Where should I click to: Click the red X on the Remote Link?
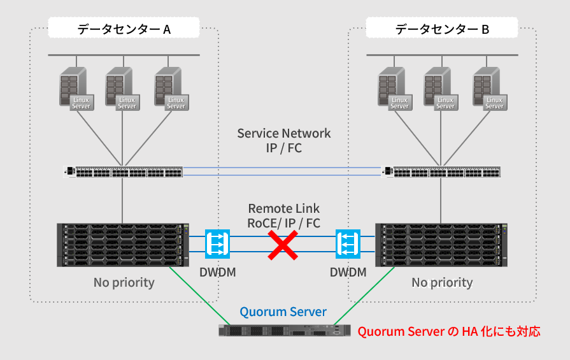[x=282, y=245]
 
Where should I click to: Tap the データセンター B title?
[x=442, y=29]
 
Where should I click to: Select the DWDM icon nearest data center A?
[x=217, y=244]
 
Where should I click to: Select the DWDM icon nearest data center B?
[x=348, y=244]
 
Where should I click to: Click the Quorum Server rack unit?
[x=284, y=331]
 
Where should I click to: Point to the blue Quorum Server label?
[x=283, y=312]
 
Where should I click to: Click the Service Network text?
[x=284, y=133]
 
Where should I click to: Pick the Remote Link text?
[x=284, y=208]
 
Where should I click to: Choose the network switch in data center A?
[x=124, y=171]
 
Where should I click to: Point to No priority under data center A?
[x=124, y=282]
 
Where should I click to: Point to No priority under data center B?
[x=442, y=282]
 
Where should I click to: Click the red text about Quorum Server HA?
[x=449, y=331]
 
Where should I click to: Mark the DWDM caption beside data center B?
[x=348, y=272]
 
